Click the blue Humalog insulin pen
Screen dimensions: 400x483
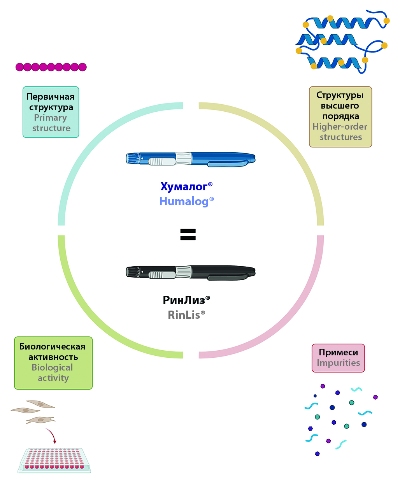click(190, 159)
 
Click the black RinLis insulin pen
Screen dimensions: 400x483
click(190, 273)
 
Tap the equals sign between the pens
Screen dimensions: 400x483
click(188, 234)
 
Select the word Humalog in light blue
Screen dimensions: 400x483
click(184, 201)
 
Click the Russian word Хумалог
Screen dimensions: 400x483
click(184, 186)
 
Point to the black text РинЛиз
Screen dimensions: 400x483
click(184, 300)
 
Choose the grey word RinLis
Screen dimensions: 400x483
click(184, 315)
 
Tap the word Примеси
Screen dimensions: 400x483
click(338, 352)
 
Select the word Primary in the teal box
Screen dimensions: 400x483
click(51, 118)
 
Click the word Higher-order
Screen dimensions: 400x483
click(340, 126)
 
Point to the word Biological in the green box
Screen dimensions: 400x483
click(52, 367)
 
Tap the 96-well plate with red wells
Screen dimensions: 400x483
click(54, 461)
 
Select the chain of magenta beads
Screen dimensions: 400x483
click(51, 67)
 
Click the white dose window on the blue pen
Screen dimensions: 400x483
click(162, 161)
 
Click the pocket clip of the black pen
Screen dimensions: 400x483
click(228, 277)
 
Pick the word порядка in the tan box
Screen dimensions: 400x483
click(340, 116)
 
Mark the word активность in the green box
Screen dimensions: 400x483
click(53, 357)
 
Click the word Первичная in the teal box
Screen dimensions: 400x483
click(50, 97)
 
